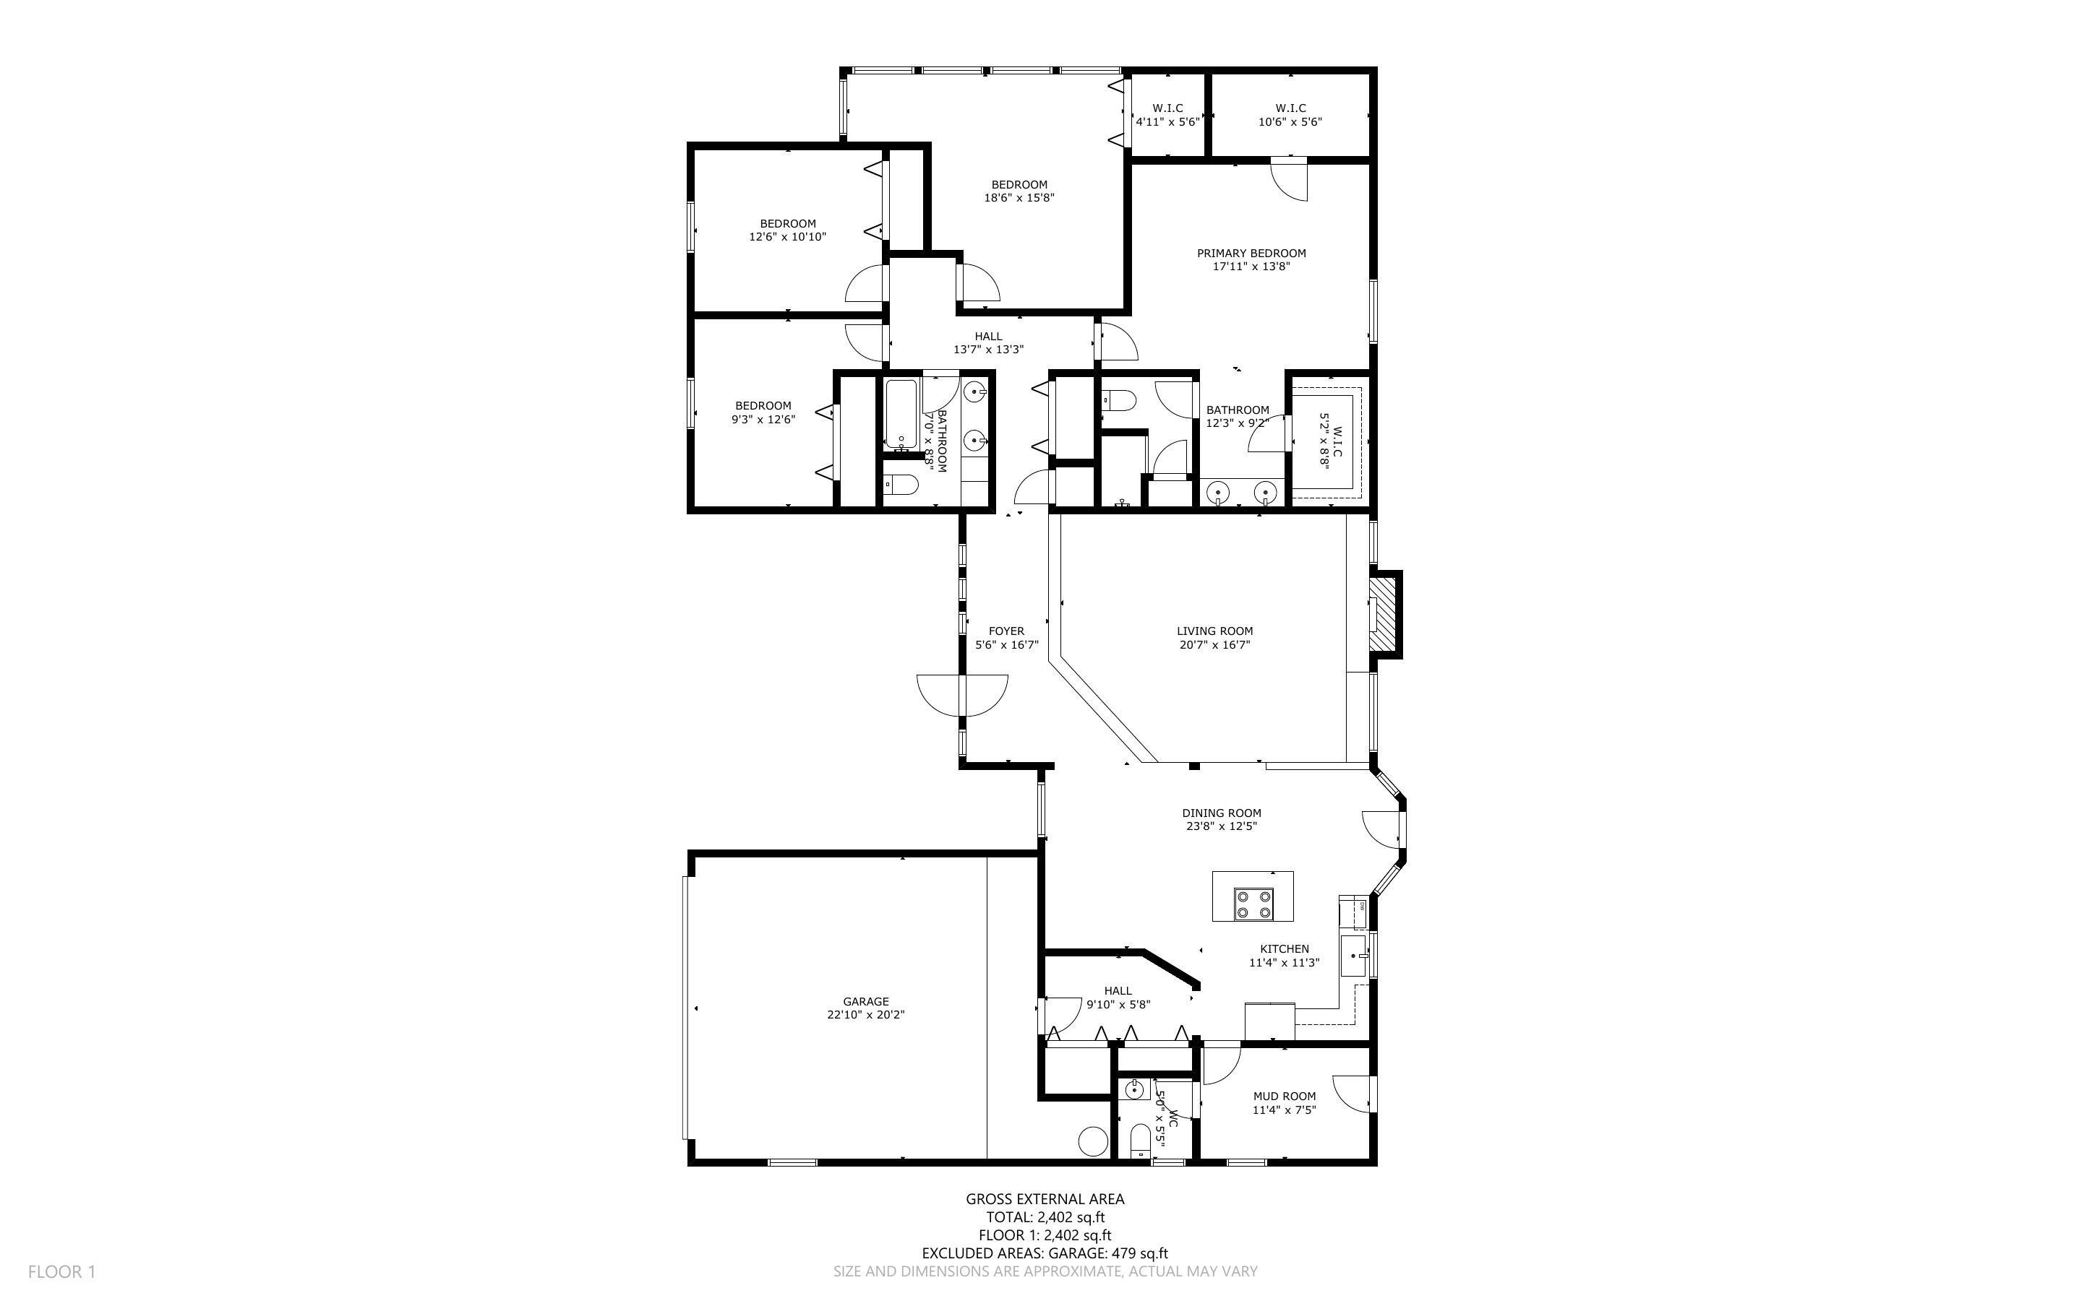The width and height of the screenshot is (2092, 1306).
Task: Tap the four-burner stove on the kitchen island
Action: (1253, 904)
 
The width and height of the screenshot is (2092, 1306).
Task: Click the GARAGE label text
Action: (865, 1002)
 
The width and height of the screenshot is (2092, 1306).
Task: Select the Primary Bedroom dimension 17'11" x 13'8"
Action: (1251, 267)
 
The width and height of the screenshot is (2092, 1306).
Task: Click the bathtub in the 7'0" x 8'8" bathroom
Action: (901, 414)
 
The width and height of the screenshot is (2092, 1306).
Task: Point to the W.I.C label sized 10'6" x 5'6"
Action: (1289, 108)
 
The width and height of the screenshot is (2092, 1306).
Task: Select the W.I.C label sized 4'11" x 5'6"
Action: (1167, 108)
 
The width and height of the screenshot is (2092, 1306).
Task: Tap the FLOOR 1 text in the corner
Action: (61, 1271)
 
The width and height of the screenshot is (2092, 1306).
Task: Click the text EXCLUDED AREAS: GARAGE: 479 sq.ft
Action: (1044, 1253)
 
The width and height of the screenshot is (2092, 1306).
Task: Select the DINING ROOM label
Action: (1221, 813)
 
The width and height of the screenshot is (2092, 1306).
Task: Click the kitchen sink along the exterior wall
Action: (1353, 956)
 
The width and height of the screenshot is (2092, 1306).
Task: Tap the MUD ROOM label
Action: (1284, 1096)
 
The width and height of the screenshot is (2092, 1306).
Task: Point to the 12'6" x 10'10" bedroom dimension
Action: (787, 237)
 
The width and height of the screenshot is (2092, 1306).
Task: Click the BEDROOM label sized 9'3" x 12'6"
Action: (763, 406)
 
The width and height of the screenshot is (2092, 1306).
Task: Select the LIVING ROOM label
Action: (1214, 631)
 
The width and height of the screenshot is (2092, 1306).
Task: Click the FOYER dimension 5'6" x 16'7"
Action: (1007, 644)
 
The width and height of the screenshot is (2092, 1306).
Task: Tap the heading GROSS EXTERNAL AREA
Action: (1044, 1199)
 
